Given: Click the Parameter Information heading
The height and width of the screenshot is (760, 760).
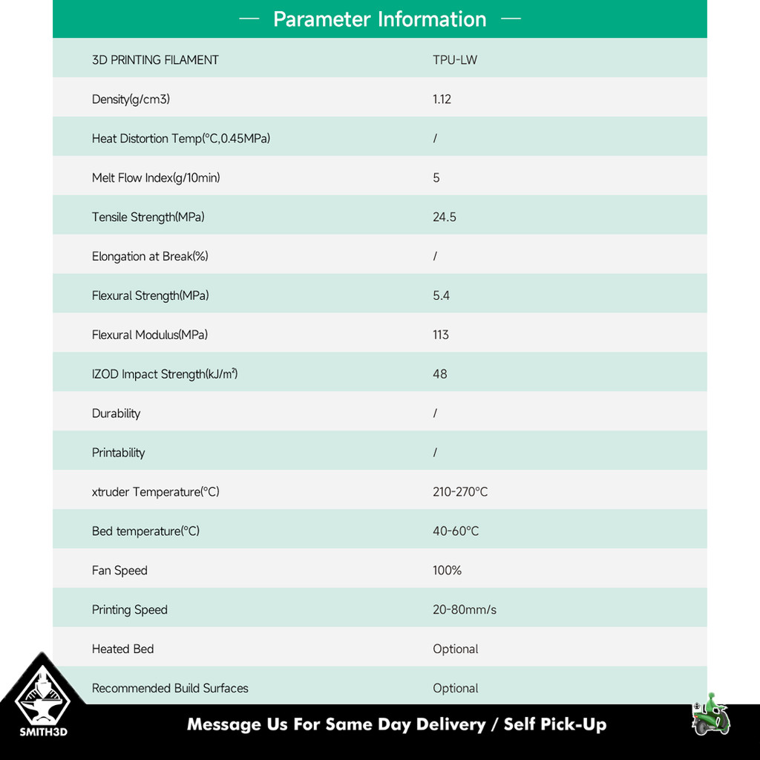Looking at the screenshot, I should click(379, 19).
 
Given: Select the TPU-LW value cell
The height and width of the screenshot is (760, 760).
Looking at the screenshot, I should click(455, 60).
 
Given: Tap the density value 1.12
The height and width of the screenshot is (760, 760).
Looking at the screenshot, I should click(442, 99).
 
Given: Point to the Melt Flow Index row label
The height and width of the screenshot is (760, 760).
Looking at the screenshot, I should click(156, 178).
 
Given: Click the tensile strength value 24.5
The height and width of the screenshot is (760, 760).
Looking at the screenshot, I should click(444, 217).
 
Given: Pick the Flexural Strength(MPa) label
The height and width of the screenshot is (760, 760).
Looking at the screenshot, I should click(150, 296).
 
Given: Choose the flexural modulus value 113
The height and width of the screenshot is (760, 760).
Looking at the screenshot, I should click(441, 335).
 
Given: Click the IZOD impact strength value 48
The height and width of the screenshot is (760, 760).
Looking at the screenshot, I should click(439, 375).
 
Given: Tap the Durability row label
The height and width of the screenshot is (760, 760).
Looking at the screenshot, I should click(116, 414).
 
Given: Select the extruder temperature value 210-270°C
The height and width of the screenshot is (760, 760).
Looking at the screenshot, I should click(460, 492).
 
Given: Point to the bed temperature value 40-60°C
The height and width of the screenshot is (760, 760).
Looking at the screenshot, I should click(456, 531).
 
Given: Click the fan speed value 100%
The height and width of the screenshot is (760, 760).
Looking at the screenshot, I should click(447, 571).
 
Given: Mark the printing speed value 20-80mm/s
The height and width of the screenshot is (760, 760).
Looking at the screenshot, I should click(465, 610).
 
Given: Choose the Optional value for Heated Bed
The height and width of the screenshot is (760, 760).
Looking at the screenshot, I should click(455, 649).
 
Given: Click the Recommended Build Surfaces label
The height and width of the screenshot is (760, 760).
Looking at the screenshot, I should click(170, 689).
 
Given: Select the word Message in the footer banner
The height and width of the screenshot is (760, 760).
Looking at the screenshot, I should click(224, 725).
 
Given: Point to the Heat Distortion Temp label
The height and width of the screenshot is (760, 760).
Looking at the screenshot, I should click(180, 139).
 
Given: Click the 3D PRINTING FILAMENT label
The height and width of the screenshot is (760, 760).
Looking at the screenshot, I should click(155, 60).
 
